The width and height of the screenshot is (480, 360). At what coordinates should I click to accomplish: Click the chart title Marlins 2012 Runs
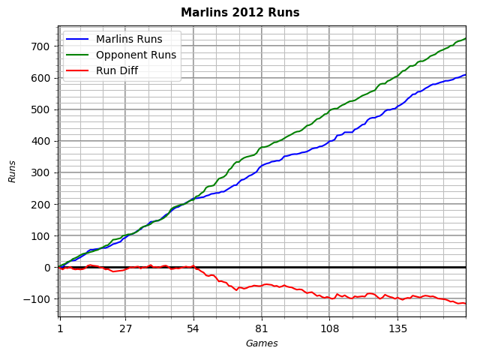pos(240,13)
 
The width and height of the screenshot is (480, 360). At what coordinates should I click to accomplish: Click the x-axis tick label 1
pos(60,328)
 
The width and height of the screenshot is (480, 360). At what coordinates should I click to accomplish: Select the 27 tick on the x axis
pos(125,328)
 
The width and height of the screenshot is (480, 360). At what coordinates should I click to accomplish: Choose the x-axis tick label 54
pos(193,328)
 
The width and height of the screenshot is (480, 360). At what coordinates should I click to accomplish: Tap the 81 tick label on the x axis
pos(262,328)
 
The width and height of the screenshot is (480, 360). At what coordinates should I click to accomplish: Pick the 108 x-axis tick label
pos(329,328)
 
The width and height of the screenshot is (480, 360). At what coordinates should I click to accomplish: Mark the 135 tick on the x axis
pos(397,328)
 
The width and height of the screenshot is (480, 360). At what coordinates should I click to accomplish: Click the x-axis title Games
pos(262,343)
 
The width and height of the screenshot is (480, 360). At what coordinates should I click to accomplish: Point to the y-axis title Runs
pos(13,171)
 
